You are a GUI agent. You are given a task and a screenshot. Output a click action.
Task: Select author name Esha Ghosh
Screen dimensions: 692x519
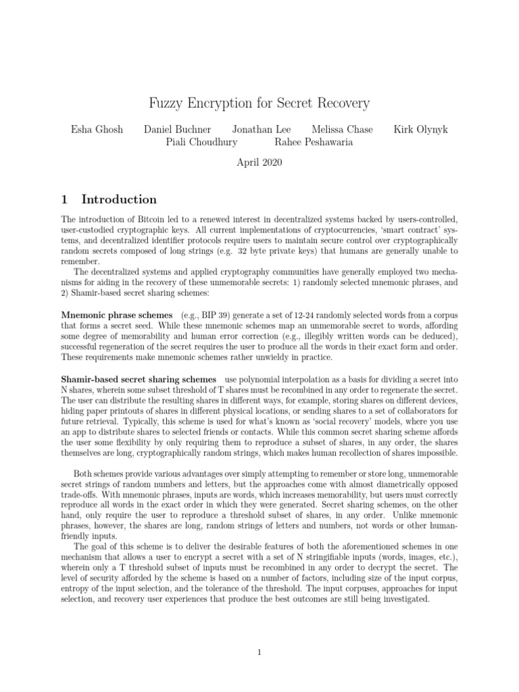[97, 128]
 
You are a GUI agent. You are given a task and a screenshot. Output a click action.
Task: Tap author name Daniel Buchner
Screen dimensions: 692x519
[178, 128]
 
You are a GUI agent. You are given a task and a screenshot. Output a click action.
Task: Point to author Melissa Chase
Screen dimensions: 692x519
[342, 128]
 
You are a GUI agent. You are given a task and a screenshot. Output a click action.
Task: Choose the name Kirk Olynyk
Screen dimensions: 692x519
[422, 128]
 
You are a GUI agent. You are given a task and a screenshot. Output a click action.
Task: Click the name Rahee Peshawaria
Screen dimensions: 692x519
[314, 142]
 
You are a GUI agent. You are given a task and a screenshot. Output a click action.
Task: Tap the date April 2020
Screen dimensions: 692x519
[259, 162]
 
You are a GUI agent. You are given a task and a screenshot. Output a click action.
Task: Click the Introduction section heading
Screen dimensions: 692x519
[119, 199]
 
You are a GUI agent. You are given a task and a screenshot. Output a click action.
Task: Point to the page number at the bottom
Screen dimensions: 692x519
[259, 652]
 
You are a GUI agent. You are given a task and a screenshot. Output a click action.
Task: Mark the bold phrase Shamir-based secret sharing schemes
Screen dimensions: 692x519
[139, 380]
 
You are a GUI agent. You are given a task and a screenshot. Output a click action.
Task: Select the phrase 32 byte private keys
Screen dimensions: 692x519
[320, 251]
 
